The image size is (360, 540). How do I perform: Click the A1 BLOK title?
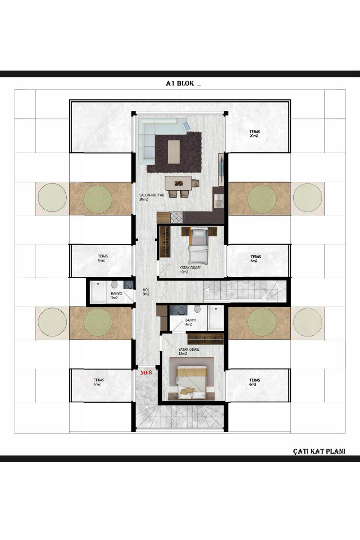click(x=180, y=83)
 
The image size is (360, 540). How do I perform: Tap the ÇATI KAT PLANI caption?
click(x=319, y=451)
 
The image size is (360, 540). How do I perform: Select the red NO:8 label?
click(x=146, y=373)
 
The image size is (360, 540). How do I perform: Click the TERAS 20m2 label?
click(x=254, y=134)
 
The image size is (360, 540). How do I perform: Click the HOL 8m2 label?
click(x=146, y=292)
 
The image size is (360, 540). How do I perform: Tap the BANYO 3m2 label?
click(x=116, y=295)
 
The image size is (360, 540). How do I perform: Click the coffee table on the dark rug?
click(x=174, y=152)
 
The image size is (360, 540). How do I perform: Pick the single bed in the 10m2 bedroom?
click(x=198, y=245)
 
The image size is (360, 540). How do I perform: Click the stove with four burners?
click(x=176, y=217)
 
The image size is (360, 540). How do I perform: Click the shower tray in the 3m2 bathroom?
click(x=97, y=292)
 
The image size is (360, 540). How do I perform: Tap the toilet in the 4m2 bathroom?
click(x=198, y=309)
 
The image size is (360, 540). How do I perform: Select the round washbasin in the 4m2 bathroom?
click(x=175, y=310)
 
